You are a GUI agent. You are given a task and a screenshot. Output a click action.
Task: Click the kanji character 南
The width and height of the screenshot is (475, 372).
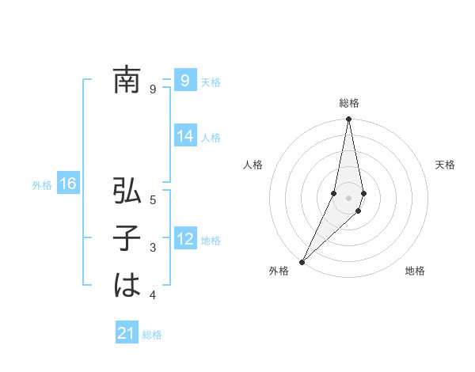click(127, 81)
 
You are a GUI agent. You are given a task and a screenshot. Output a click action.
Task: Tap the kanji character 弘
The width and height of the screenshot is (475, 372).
click(127, 192)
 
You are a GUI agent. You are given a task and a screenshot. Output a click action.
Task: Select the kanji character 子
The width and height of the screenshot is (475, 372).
click(127, 240)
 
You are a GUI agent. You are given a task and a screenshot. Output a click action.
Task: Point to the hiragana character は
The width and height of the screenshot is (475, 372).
click(127, 286)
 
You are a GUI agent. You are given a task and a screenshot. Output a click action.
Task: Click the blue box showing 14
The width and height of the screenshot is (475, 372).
click(185, 136)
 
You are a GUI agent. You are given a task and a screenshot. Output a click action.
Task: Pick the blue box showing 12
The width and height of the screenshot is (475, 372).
click(185, 239)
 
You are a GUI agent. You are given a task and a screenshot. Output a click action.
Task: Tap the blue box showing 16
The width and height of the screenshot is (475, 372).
click(68, 184)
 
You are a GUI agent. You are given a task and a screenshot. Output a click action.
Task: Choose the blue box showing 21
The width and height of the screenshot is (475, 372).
click(127, 333)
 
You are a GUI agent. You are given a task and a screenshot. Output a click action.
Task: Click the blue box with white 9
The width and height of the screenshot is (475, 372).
click(184, 80)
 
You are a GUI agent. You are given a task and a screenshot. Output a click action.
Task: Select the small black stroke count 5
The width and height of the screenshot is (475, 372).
click(153, 200)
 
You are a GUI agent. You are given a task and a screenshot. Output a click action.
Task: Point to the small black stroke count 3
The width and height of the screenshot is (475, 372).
click(153, 249)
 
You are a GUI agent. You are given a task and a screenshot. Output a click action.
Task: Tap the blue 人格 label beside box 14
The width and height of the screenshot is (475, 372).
click(211, 138)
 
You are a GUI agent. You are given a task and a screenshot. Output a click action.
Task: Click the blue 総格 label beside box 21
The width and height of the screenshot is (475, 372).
click(152, 335)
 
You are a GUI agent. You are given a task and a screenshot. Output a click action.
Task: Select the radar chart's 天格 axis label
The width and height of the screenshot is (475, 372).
click(446, 165)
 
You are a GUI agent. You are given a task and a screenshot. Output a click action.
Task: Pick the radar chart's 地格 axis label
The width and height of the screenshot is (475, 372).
click(415, 271)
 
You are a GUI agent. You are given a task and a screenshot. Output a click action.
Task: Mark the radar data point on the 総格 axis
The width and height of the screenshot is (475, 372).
click(348, 120)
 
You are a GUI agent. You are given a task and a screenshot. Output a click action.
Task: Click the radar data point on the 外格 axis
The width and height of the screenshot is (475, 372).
click(302, 261)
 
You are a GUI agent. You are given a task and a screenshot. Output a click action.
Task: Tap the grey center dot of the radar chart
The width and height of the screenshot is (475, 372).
click(348, 198)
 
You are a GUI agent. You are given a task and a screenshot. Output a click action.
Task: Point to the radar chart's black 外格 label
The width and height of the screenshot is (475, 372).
click(279, 271)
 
